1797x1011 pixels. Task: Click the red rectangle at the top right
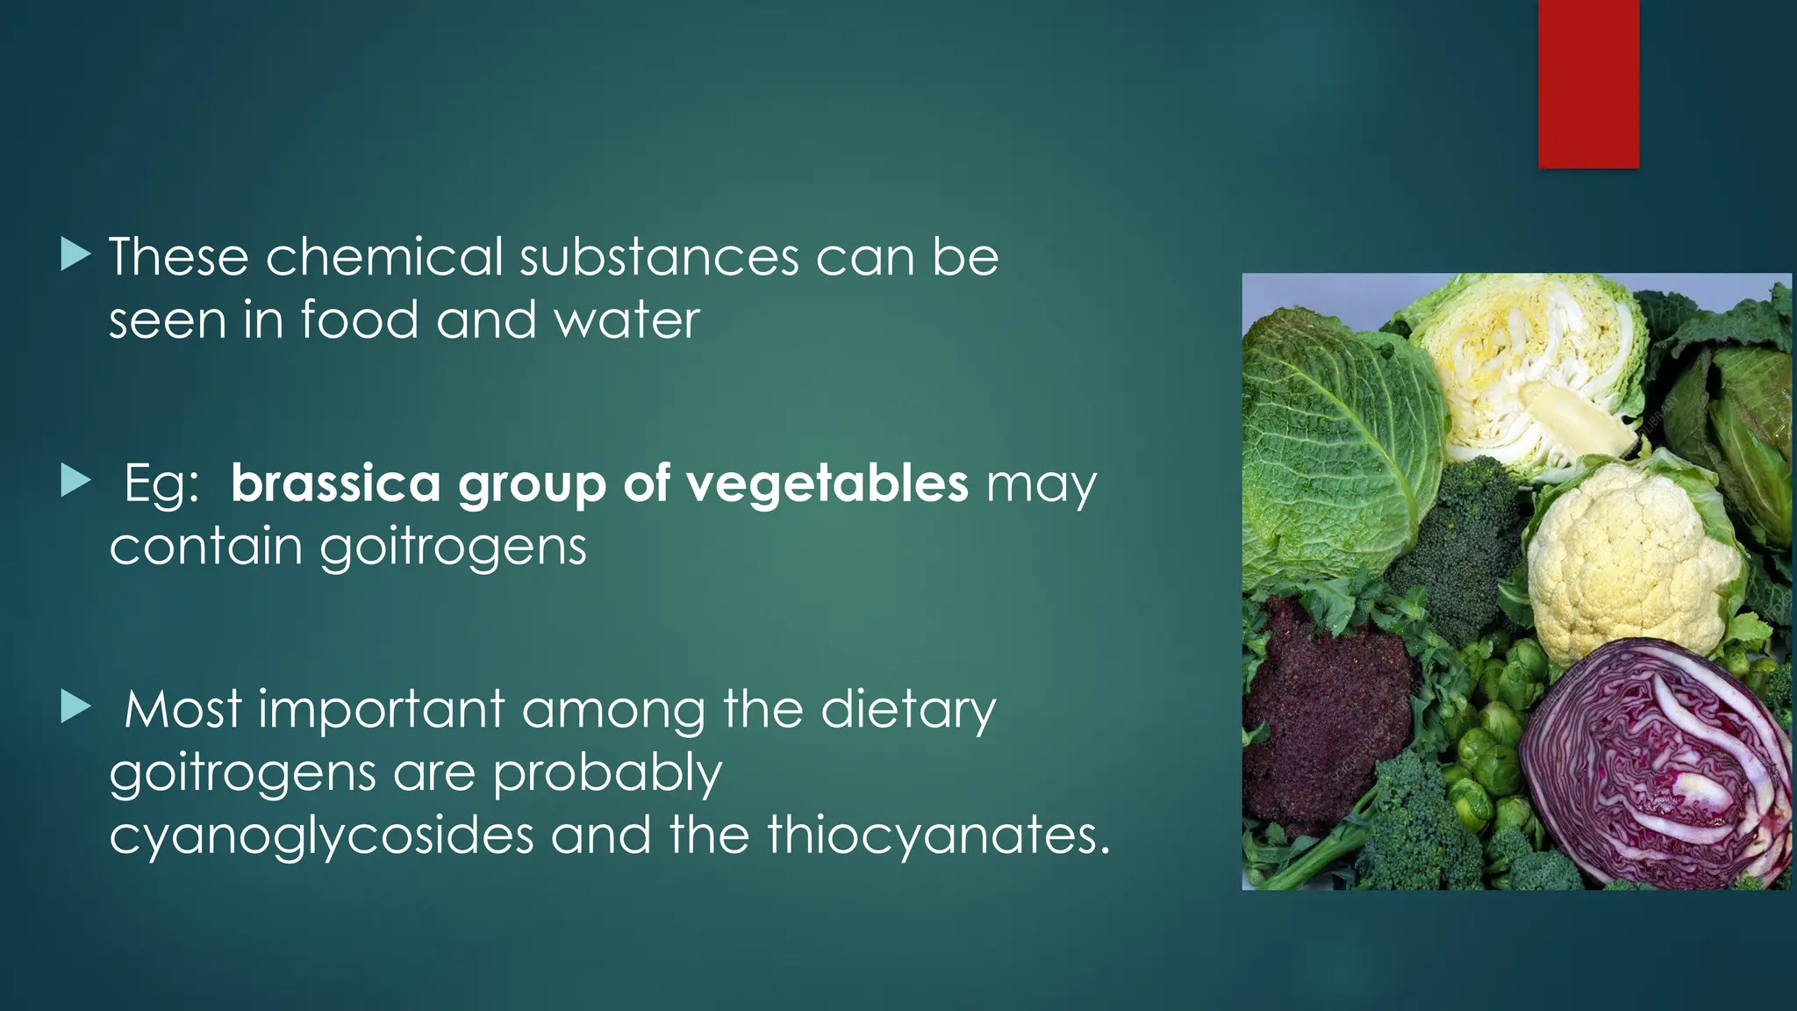[1588, 83]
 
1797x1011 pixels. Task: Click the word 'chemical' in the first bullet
[384, 257]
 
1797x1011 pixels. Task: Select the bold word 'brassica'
[334, 484]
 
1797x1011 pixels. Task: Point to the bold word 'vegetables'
[827, 484]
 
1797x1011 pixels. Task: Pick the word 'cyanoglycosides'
[321, 835]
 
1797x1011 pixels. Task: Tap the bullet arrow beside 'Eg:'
[76, 481]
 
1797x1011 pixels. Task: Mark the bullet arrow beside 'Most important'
[76, 707]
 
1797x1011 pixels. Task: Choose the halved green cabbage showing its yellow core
[1536, 377]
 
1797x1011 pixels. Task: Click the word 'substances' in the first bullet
[658, 257]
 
